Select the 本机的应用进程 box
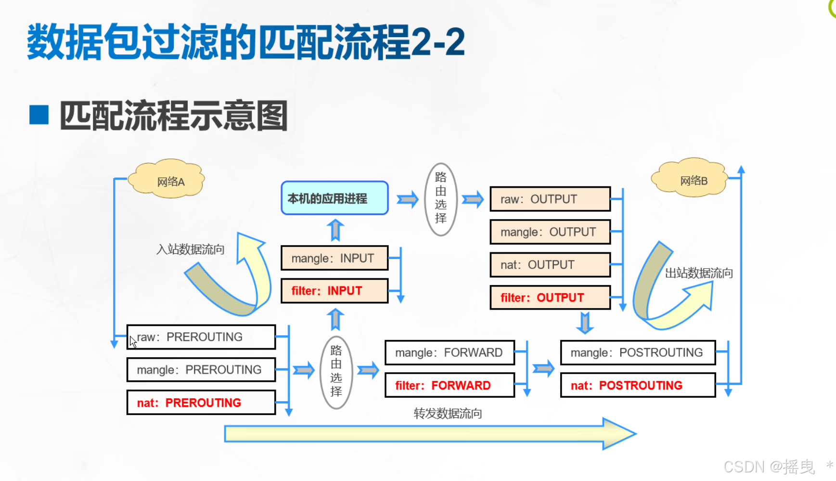pos(334,198)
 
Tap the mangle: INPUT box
pos(334,258)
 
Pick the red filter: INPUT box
pos(334,291)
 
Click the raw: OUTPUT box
pos(550,199)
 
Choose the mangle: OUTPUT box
pos(550,232)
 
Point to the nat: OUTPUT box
pos(550,265)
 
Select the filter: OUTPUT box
pos(550,298)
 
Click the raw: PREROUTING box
pos(201,337)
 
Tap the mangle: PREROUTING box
pos(201,370)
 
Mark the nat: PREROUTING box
pos(201,403)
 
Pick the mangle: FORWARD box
pos(450,352)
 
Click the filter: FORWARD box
pos(450,385)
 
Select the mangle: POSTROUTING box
pos(638,352)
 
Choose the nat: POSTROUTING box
pos(638,385)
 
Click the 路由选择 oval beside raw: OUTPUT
pos(440,199)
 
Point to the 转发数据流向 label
pos(448,414)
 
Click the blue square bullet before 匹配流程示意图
pos(39,115)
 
